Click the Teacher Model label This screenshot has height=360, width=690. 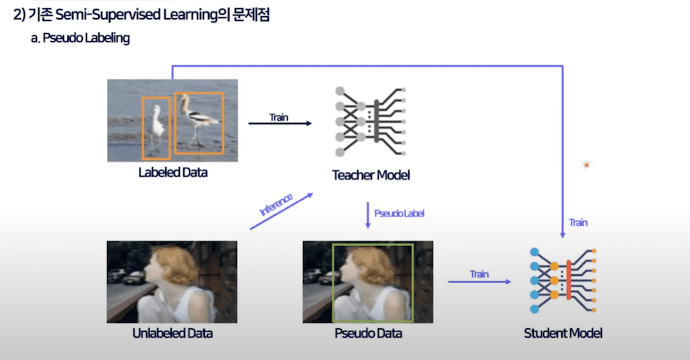[x=371, y=175]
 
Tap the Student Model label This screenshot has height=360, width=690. [x=563, y=333]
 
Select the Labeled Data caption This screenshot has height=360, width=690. [x=172, y=172]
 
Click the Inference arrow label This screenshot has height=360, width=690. [x=276, y=204]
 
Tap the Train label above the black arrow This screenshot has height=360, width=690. [x=278, y=117]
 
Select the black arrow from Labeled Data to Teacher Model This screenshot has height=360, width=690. [x=280, y=123]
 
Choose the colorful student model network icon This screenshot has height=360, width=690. [x=563, y=280]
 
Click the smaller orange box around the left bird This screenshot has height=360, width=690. [x=156, y=127]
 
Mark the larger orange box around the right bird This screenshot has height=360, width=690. [x=199, y=123]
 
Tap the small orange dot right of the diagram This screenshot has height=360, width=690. [x=586, y=164]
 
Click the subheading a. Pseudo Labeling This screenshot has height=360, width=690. [x=80, y=38]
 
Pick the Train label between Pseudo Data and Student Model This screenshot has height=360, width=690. [x=479, y=274]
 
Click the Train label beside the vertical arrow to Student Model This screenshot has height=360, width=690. [x=577, y=222]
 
